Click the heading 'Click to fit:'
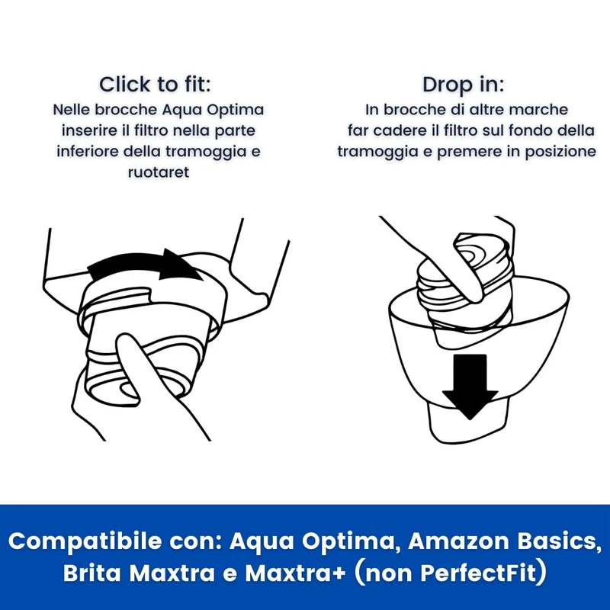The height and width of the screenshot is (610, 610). click(x=155, y=85)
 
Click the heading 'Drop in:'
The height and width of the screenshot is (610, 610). click(x=463, y=85)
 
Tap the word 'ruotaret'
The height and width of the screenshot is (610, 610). click(x=159, y=172)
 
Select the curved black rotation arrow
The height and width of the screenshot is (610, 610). click(x=145, y=265)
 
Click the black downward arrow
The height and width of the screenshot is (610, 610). click(x=470, y=386)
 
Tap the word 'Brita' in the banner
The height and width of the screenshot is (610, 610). click(x=91, y=573)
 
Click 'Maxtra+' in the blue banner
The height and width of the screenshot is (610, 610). click(x=295, y=573)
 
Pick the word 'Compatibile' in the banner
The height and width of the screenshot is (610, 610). click(x=85, y=542)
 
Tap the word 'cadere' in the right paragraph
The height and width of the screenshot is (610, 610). click(x=400, y=130)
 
